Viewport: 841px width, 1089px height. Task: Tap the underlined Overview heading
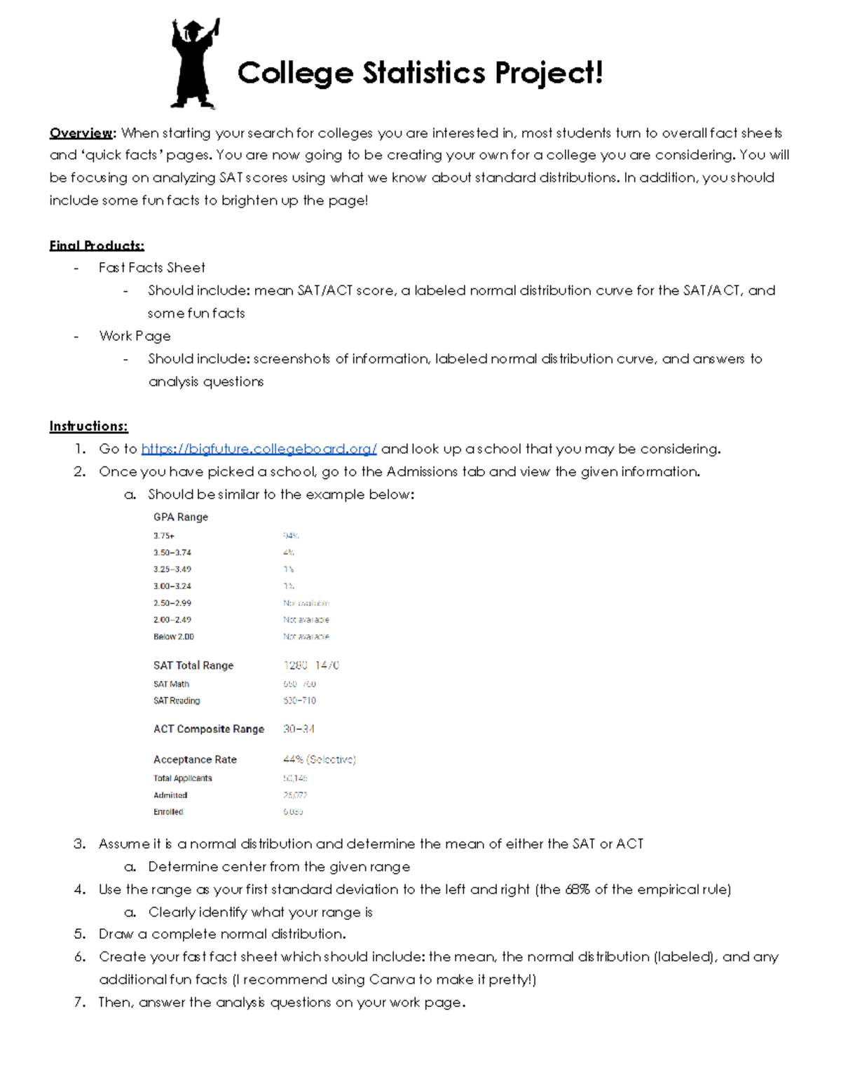(81, 133)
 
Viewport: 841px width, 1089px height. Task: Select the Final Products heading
(97, 245)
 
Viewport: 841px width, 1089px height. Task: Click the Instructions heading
(88, 426)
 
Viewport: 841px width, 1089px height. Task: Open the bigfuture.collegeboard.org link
(259, 449)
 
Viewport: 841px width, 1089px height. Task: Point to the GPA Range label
(181, 517)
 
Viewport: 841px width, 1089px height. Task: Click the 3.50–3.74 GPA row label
(172, 553)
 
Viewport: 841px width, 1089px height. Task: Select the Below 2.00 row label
(174, 637)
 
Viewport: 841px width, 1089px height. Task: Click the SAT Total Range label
(193, 665)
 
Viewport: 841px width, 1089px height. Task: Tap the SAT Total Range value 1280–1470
(311, 665)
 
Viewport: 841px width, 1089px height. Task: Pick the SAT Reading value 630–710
(299, 701)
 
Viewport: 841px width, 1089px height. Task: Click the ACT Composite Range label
(209, 729)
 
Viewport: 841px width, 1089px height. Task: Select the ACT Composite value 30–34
(299, 729)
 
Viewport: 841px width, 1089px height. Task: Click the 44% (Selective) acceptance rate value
(320, 759)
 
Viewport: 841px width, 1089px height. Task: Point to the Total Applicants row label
(182, 778)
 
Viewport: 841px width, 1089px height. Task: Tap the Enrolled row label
(168, 812)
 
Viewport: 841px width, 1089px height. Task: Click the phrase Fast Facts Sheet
(152, 268)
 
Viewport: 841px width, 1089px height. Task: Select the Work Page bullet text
(135, 336)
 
